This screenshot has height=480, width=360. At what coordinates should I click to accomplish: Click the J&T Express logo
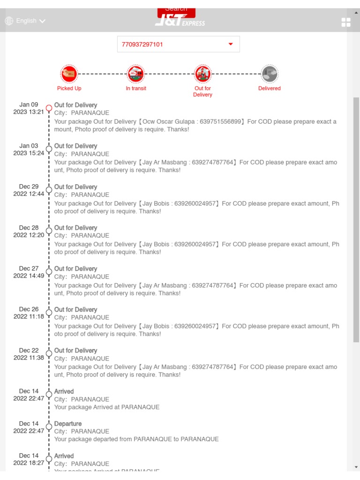(180, 21)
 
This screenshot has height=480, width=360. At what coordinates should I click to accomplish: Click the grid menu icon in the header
(346, 22)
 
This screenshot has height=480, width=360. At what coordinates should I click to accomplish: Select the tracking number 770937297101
(142, 45)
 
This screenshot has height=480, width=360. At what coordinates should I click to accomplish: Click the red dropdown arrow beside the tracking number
(231, 44)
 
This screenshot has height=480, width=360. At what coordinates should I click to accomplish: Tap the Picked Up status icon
(69, 74)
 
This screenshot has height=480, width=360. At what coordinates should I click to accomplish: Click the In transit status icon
(136, 74)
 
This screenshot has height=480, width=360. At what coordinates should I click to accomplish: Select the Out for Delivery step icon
(202, 74)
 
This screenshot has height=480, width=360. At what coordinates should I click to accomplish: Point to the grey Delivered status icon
(270, 74)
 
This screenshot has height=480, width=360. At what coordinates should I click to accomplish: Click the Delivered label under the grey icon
(270, 88)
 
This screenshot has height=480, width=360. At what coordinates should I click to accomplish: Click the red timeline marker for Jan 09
(49, 108)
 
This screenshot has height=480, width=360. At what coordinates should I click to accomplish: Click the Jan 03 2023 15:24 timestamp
(29, 150)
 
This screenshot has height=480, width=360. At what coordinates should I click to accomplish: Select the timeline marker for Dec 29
(49, 190)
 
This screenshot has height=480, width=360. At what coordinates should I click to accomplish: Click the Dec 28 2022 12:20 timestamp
(29, 232)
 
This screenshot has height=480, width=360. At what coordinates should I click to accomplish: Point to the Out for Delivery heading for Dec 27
(75, 269)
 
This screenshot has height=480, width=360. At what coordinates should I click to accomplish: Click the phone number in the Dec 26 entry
(195, 326)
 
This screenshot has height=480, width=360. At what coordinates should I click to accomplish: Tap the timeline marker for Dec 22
(49, 353)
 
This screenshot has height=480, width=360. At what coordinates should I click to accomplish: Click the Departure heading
(68, 424)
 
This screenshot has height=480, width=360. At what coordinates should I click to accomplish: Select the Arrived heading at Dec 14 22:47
(64, 391)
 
